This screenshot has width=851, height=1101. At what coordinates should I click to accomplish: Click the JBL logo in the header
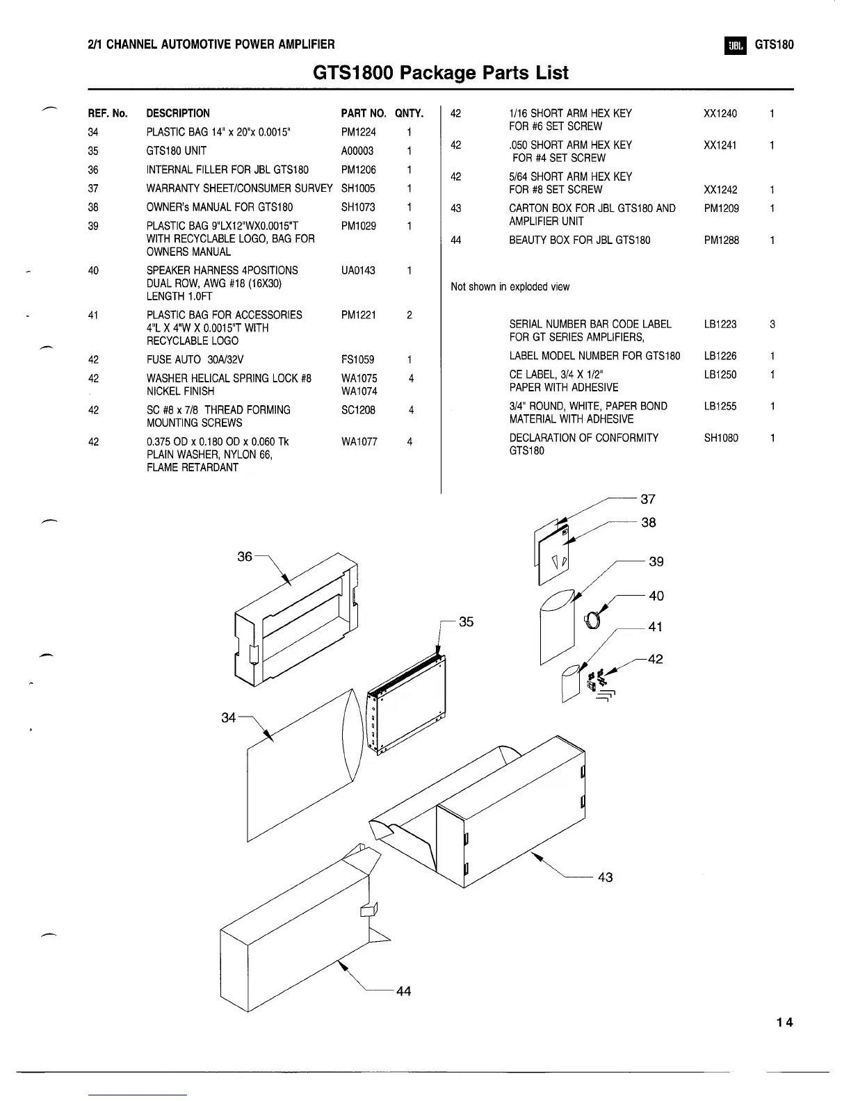tap(735, 46)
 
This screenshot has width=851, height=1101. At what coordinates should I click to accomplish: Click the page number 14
tap(785, 1022)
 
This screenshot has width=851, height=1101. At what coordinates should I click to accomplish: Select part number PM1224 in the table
tap(358, 132)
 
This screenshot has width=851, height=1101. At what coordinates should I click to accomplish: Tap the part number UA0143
tap(358, 270)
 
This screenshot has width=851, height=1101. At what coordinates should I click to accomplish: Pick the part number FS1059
tap(357, 359)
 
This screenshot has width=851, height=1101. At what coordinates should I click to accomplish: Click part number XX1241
tap(720, 145)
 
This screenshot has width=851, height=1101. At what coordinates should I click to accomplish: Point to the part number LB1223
tap(720, 325)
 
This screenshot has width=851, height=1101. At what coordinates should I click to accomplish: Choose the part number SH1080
tap(721, 438)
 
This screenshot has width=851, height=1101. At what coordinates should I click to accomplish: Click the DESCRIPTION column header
tap(178, 113)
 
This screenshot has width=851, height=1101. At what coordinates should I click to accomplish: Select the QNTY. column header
tap(409, 113)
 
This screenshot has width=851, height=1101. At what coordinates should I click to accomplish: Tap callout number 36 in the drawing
tap(245, 557)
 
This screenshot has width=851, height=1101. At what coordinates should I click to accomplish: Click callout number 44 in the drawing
tap(403, 991)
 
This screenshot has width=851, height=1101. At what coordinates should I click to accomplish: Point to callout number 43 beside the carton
tap(605, 877)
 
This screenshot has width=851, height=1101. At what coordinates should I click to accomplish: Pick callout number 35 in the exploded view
tap(466, 621)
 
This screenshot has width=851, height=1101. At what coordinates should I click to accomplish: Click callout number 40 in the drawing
tap(656, 596)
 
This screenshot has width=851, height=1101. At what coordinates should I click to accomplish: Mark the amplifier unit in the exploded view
tap(407, 706)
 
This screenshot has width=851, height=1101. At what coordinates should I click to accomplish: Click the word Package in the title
tap(439, 73)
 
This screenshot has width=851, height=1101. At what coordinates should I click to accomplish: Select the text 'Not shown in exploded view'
tap(510, 287)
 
